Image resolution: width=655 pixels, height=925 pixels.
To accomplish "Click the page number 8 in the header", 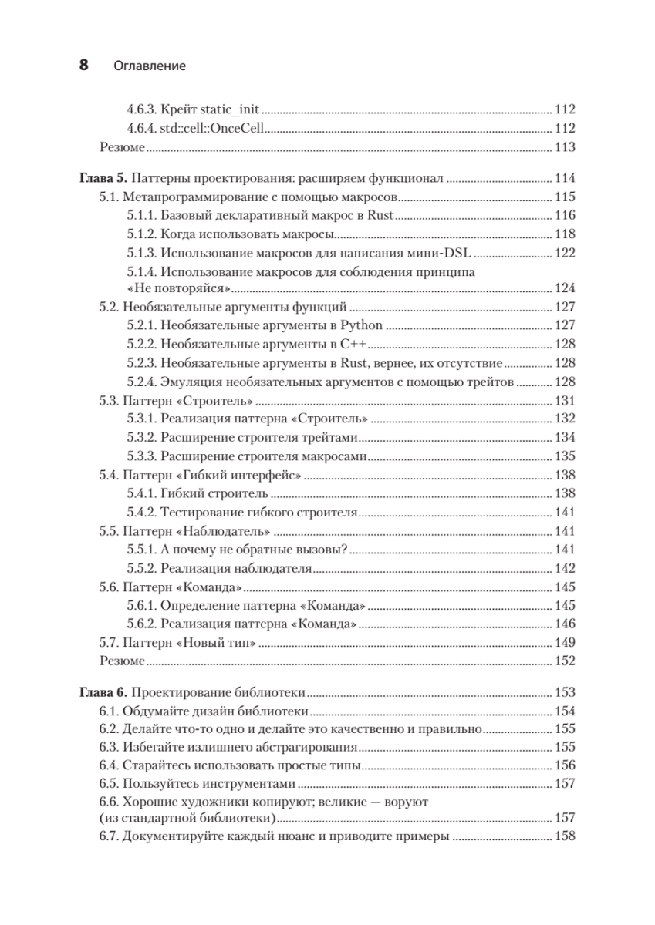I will coord(85,66).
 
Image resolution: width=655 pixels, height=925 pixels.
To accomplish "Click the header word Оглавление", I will coord(150,66).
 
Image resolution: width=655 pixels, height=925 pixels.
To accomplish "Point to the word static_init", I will coord(231,109).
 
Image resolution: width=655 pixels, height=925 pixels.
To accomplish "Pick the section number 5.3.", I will coord(109,401).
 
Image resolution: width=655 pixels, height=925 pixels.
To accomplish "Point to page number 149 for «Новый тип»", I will coord(566,642).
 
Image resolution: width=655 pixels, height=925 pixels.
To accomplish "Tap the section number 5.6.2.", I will coord(141,624).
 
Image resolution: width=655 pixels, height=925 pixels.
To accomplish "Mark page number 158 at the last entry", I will coord(566,838).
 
